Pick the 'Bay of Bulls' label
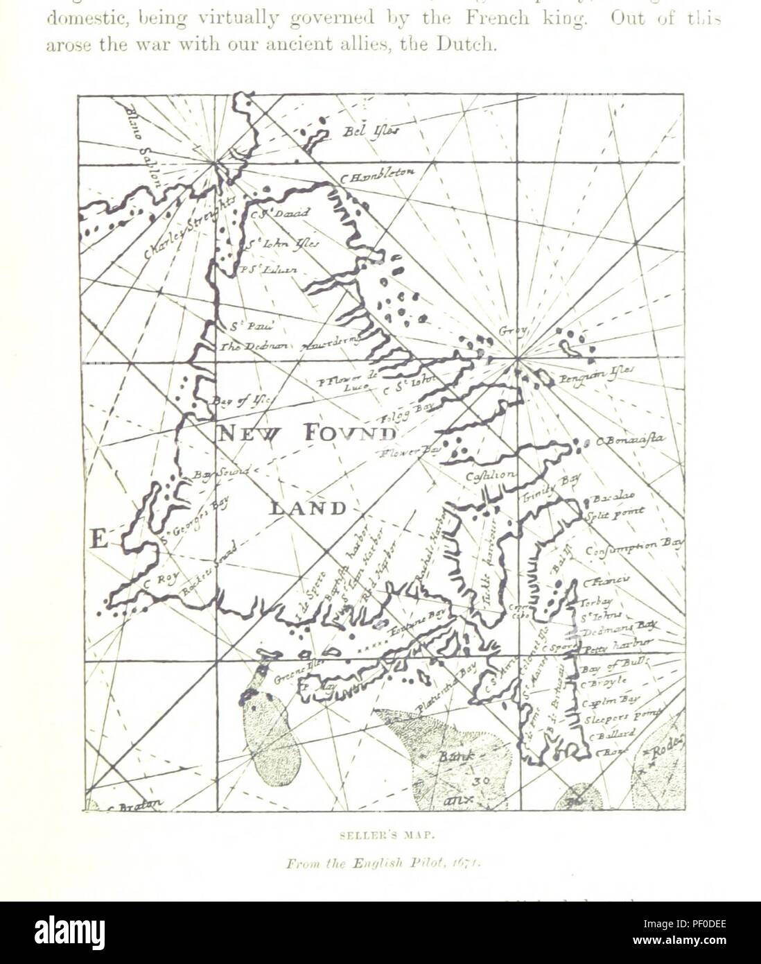click(615, 665)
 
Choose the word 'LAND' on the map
click(308, 508)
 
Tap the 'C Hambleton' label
click(377, 176)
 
